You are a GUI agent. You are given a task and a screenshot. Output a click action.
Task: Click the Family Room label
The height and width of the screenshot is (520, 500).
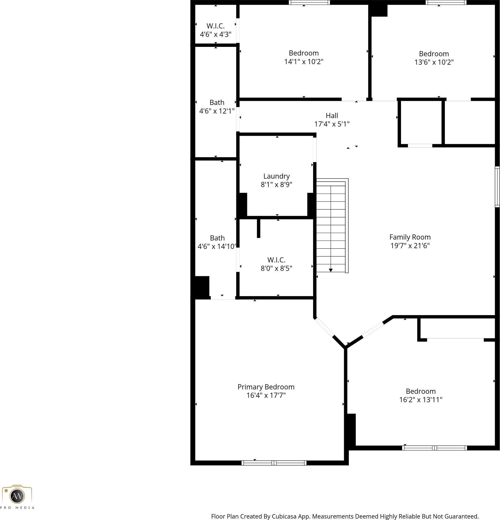410,237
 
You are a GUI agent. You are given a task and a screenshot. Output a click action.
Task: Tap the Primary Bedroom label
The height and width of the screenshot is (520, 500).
266,387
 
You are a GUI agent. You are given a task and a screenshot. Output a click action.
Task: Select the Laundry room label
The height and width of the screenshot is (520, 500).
277,177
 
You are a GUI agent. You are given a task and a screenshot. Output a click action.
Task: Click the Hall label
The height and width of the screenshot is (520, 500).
332,116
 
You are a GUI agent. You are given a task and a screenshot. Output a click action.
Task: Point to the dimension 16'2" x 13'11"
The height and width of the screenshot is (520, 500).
421,399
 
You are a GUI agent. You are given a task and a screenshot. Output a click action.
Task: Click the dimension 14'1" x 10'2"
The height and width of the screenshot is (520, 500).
304,61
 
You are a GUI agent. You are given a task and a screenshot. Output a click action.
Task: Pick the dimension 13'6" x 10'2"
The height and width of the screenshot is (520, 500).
434,62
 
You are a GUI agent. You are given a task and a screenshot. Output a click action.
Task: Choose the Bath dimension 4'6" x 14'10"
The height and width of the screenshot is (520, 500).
217,247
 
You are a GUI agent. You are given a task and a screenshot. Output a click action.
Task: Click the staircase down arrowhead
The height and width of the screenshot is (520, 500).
331,270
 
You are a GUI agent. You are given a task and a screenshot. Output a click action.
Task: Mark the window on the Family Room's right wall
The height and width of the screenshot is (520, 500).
497,187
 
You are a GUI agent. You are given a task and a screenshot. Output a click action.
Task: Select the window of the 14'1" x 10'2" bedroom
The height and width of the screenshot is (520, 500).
309,2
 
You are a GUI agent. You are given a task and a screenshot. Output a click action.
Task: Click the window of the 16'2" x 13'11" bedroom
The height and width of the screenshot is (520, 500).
435,448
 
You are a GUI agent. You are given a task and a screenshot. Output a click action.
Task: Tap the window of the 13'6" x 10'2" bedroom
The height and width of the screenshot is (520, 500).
446,2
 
